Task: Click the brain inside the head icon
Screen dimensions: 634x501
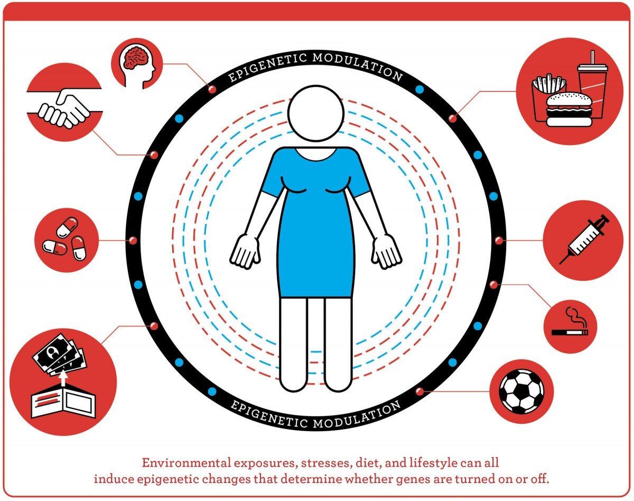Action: tap(135, 57)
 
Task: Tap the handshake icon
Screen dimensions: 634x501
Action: tap(64, 108)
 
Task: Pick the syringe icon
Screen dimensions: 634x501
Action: tap(584, 239)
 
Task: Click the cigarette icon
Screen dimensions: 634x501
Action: tap(570, 323)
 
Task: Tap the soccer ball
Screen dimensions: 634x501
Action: tap(521, 391)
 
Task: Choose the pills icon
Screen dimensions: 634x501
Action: tap(64, 239)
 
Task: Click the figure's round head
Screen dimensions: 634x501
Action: tap(316, 113)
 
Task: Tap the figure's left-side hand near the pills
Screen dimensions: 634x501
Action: tap(245, 251)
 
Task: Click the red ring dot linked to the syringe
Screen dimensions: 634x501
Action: tap(498, 241)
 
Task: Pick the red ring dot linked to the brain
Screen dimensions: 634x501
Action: tap(212, 89)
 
